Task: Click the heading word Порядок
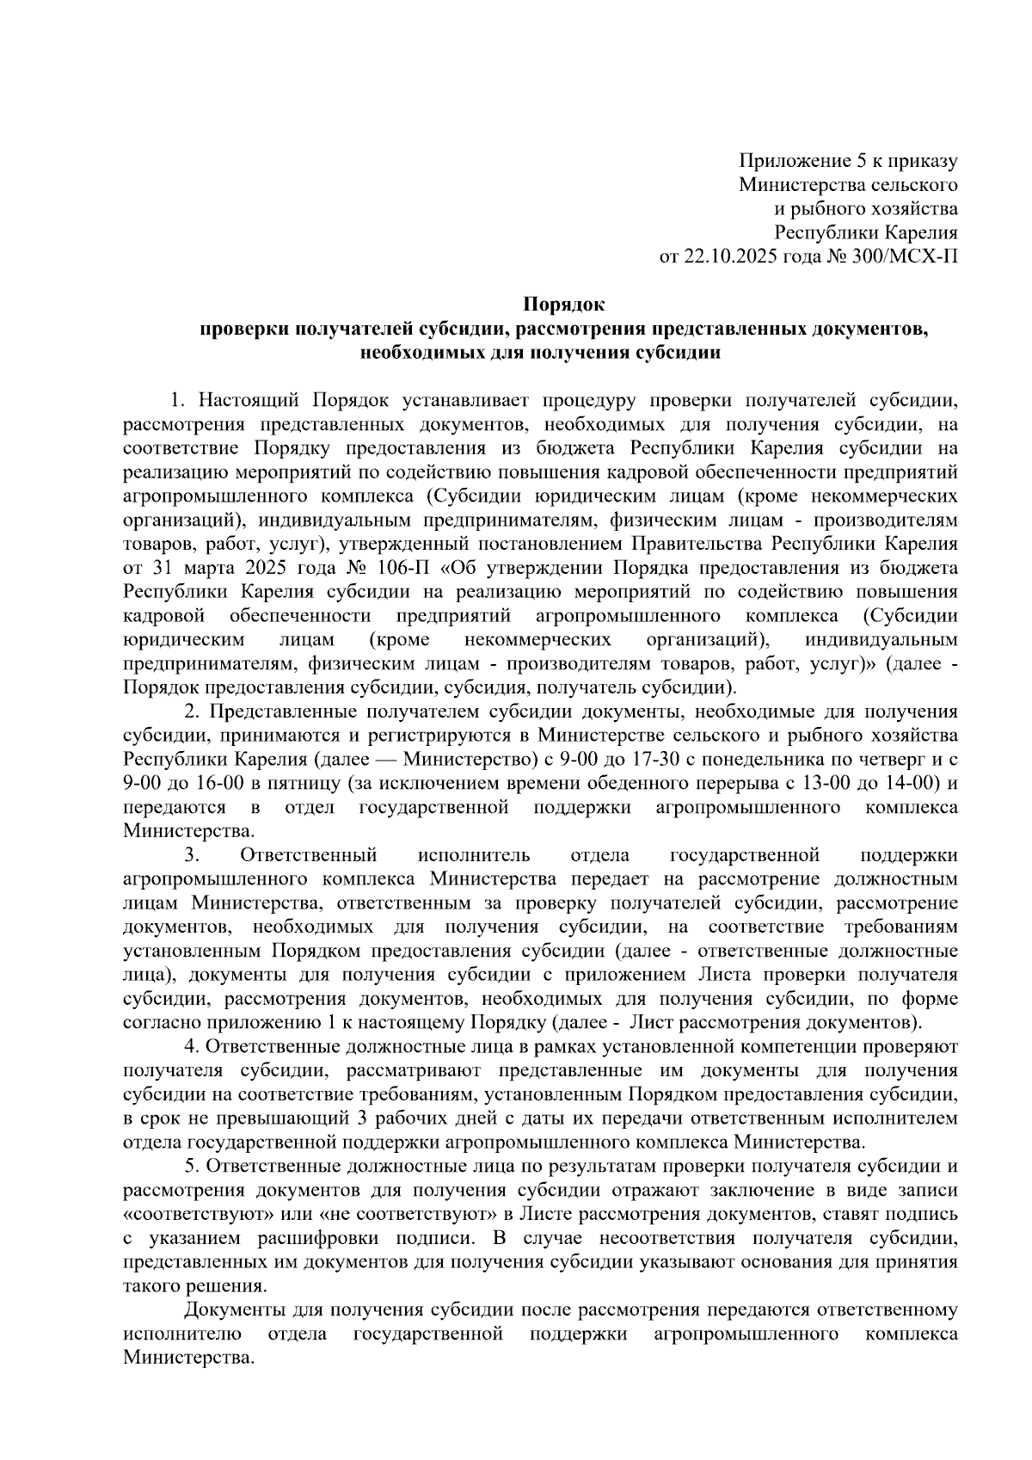[x=565, y=304]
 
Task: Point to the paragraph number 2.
[x=192, y=712]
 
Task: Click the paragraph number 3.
[x=191, y=855]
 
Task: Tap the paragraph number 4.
[x=191, y=1047]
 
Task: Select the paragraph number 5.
[x=191, y=1167]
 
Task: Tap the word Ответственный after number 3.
[x=310, y=855]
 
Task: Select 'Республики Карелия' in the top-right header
[x=866, y=232]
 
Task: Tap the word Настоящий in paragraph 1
[x=248, y=400]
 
